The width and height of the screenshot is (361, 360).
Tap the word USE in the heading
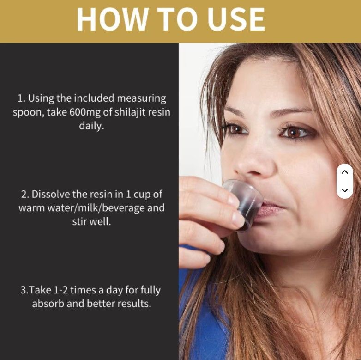[238, 19]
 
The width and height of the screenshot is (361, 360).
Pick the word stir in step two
[79, 221]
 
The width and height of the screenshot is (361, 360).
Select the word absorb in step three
[48, 304]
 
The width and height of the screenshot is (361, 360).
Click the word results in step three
[134, 304]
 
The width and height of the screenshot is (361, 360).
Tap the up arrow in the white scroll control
[345, 172]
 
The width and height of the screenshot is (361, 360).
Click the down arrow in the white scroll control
[345, 190]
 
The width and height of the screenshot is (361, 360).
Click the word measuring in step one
[141, 98]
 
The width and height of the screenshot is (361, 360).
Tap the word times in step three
[84, 290]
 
